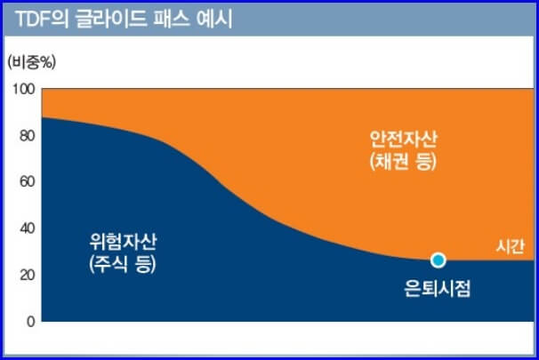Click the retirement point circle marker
pos(438,260)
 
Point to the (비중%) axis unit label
pos(31,62)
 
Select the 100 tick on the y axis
pos(24,89)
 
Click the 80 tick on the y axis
pos(27,136)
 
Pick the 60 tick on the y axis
pos(27,182)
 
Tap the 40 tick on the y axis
pos(27,228)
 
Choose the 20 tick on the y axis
pos(27,275)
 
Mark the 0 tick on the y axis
pos(30,321)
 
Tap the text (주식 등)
pos(122,264)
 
